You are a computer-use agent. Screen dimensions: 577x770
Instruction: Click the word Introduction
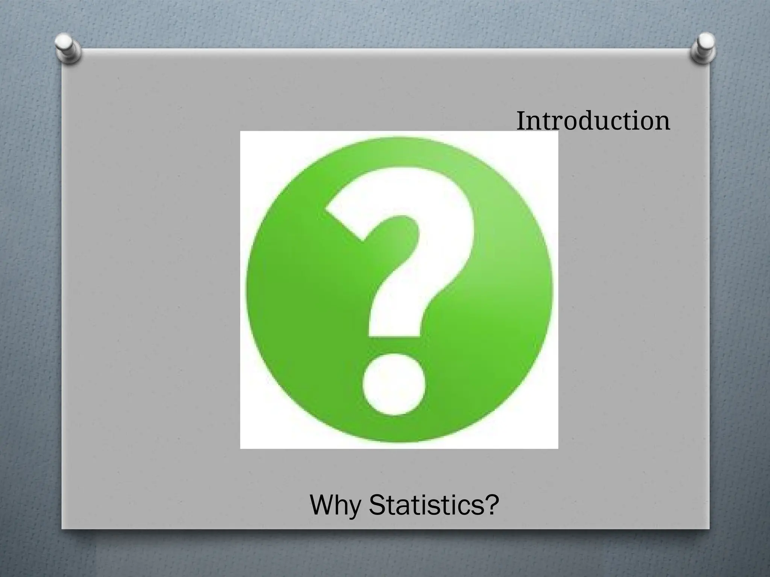(593, 121)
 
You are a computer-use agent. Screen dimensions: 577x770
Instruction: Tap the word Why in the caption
(335, 506)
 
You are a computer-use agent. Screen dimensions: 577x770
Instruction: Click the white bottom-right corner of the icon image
(553, 444)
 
